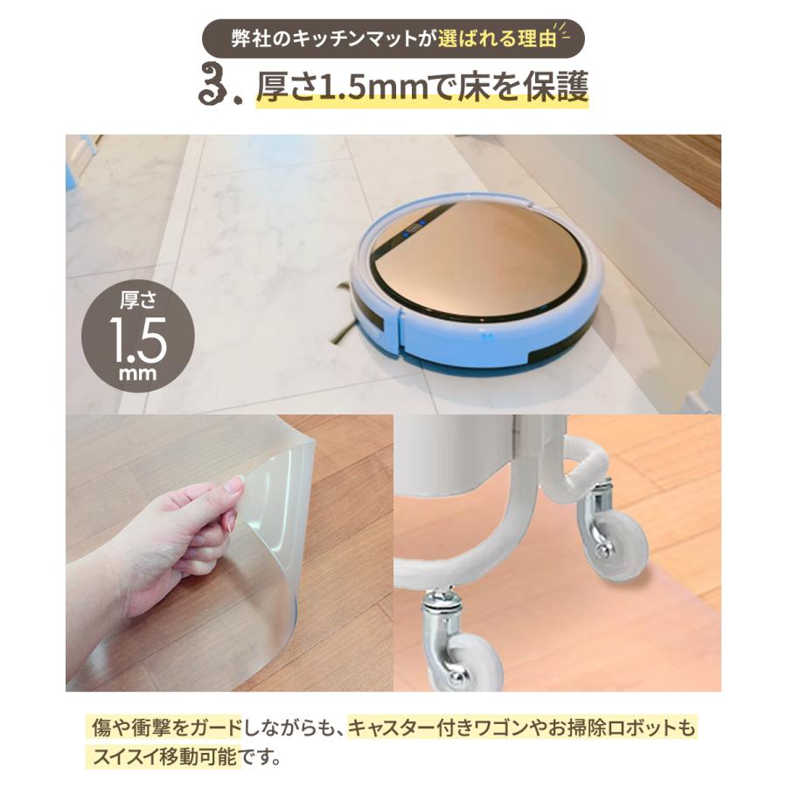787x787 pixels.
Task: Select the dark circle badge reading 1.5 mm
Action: (137, 334)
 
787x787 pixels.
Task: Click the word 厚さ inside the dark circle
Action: (137, 302)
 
